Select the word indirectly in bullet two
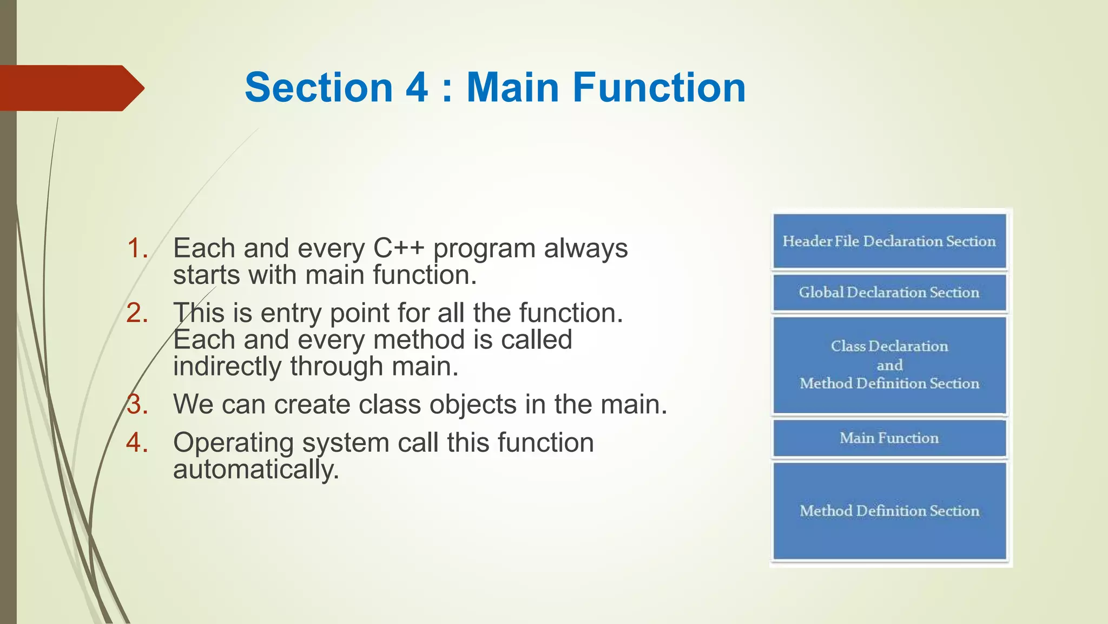pyautogui.click(x=227, y=367)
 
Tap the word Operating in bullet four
pyautogui.click(x=233, y=443)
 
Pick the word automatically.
pyautogui.click(x=255, y=470)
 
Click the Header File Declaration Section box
pyautogui.click(x=889, y=241)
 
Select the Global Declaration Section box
pyautogui.click(x=889, y=292)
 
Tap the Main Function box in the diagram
pyautogui.click(x=889, y=438)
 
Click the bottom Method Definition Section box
pyautogui.click(x=889, y=510)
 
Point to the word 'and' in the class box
pyautogui.click(x=889, y=365)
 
